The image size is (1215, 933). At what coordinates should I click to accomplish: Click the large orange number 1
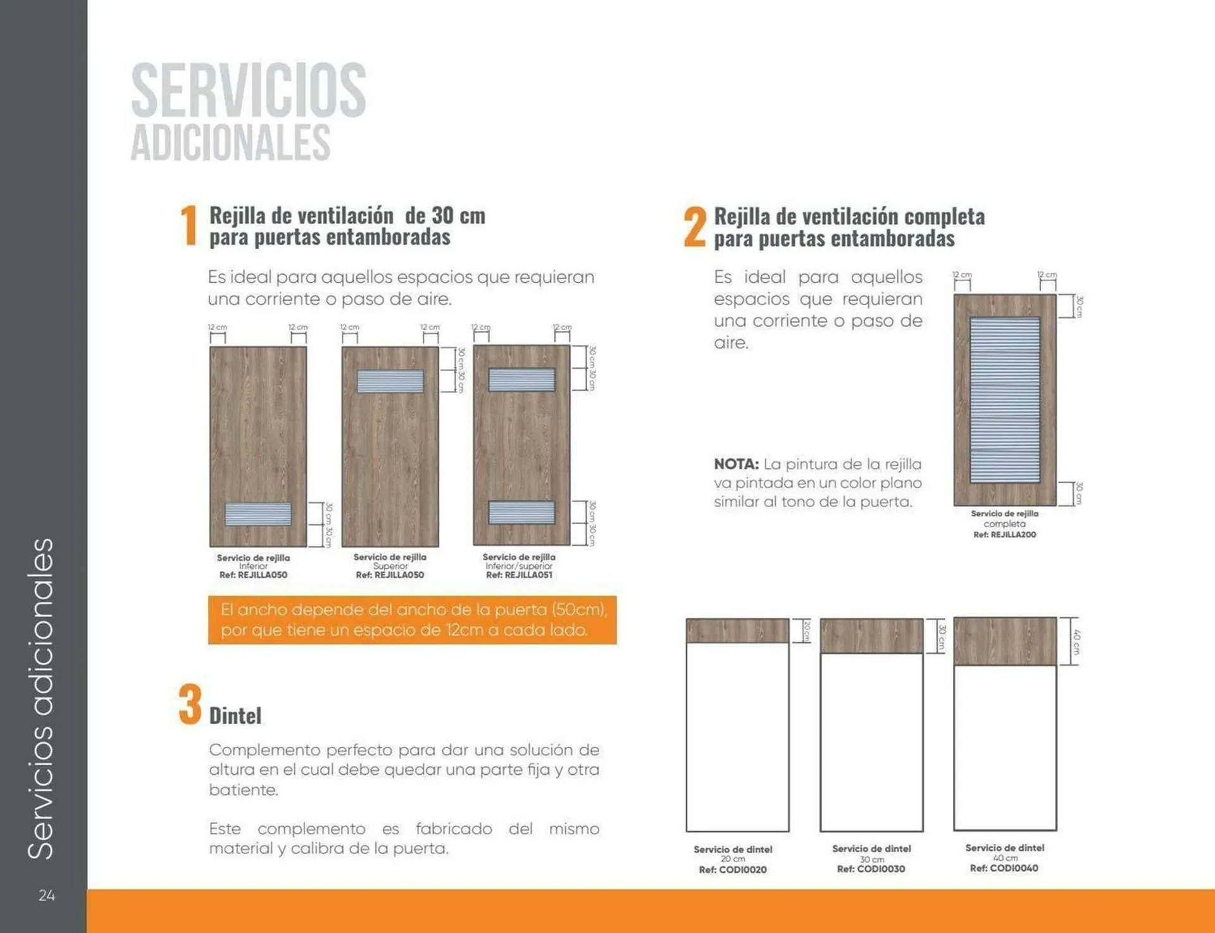click(x=189, y=225)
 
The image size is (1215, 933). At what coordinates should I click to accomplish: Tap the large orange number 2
click(x=694, y=227)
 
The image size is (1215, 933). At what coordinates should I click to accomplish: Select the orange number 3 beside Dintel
click(x=190, y=704)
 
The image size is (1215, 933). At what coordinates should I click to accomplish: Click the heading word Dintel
click(x=235, y=716)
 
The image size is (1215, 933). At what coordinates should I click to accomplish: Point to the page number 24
click(x=46, y=895)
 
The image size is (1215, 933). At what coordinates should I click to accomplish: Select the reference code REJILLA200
click(x=1004, y=535)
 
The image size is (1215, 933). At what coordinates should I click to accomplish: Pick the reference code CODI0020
click(x=733, y=870)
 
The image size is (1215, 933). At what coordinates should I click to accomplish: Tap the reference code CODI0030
click(x=871, y=869)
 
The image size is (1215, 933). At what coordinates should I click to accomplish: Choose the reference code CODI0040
click(x=1004, y=868)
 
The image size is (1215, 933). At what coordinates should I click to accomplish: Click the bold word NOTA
click(x=736, y=464)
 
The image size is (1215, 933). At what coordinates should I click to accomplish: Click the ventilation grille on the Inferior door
click(x=258, y=514)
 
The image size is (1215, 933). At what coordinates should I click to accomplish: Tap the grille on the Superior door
click(x=390, y=381)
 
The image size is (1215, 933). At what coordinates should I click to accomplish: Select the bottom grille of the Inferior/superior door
click(x=521, y=512)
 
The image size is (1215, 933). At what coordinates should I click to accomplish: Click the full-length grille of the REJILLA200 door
click(x=1005, y=400)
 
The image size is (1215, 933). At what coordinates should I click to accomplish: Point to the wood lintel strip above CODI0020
click(x=737, y=631)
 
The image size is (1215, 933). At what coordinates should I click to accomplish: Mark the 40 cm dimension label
click(x=1076, y=641)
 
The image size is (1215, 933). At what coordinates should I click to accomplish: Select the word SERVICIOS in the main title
click(x=248, y=90)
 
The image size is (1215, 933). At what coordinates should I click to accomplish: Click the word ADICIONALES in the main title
click(x=230, y=142)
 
